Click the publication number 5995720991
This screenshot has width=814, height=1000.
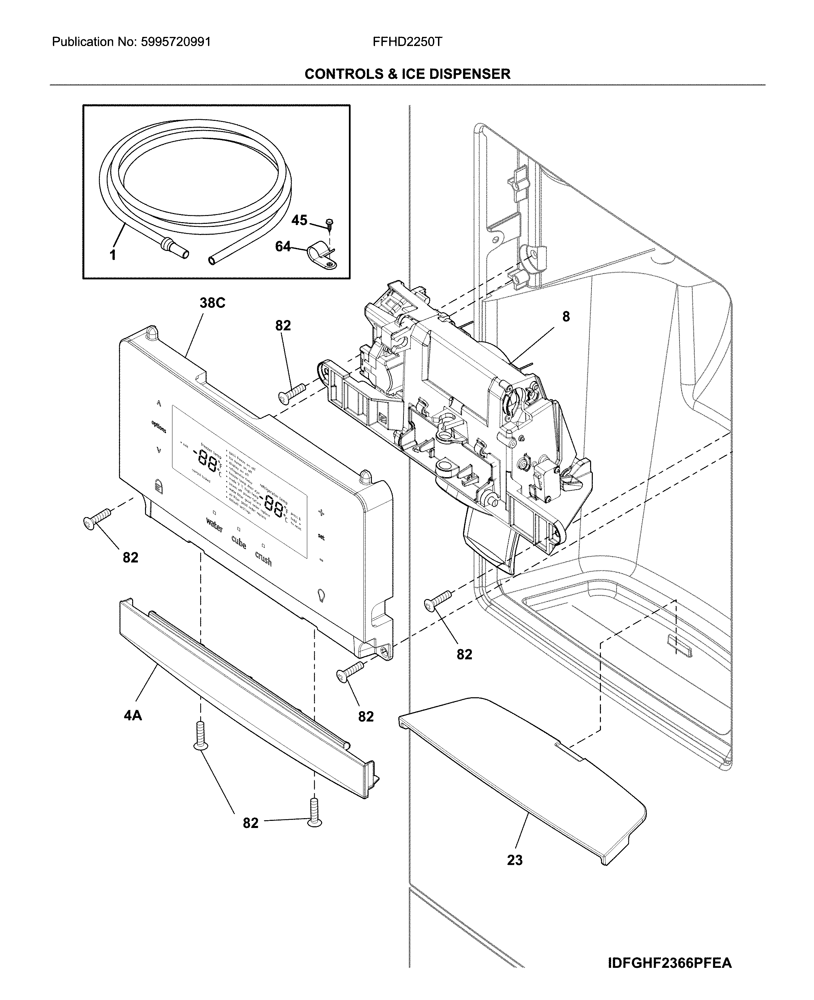coord(175,42)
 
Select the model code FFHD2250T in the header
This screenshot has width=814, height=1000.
coord(407,42)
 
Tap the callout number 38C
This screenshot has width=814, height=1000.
coord(212,303)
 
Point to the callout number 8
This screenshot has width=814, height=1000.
coord(566,317)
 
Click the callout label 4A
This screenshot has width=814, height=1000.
coord(133,715)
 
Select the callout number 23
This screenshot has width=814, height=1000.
coord(514,860)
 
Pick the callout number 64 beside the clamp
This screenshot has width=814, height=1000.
coord(283,247)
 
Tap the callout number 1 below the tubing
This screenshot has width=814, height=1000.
coord(112,255)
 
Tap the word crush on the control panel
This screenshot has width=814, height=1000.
coord(263,559)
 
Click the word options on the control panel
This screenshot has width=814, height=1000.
coord(159,427)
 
